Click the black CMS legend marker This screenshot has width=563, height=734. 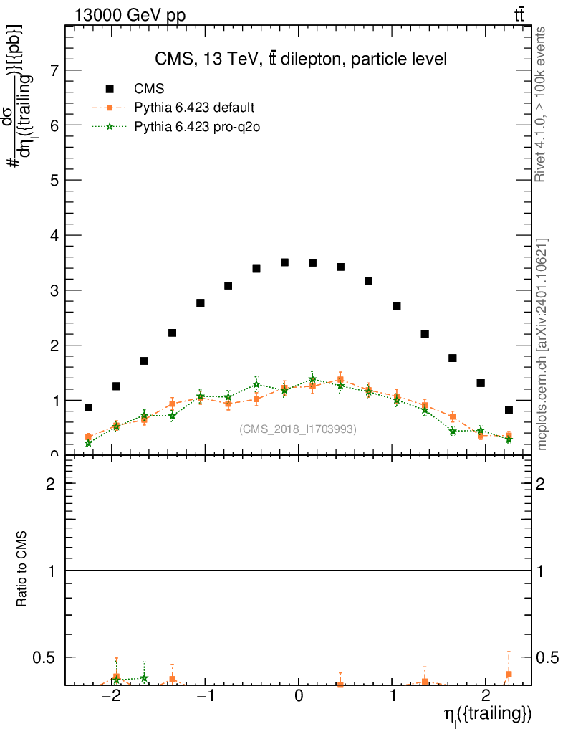tap(110, 89)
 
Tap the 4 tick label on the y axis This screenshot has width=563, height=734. tap(54, 235)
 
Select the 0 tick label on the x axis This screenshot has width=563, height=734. tap(299, 696)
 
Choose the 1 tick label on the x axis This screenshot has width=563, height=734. tap(393, 696)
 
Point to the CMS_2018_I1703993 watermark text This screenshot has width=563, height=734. tap(298, 429)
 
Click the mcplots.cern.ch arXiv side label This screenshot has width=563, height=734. tap(542, 344)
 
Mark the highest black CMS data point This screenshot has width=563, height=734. tap(284, 262)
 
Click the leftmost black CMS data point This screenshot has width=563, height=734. tap(88, 407)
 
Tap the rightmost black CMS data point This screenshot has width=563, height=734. tap(509, 410)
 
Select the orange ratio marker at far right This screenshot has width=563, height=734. tap(509, 674)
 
